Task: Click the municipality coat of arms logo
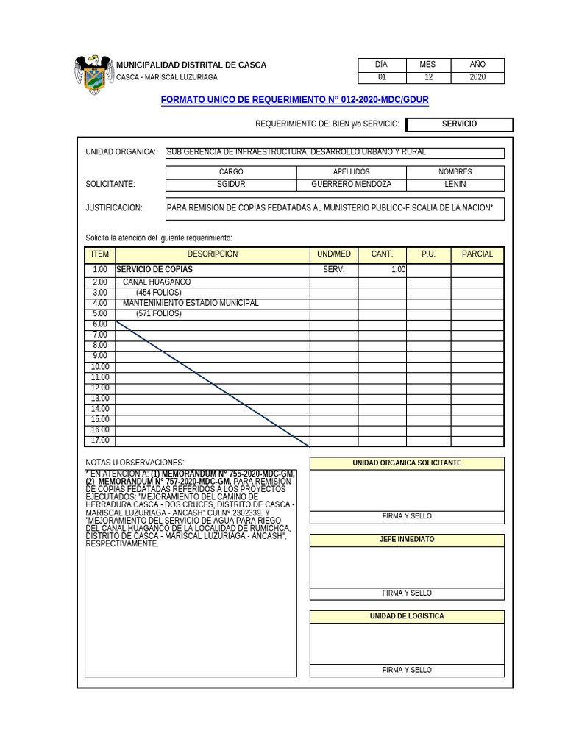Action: (93, 74)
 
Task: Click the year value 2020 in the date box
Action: (477, 77)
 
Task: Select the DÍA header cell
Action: (381, 65)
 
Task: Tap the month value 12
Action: (428, 77)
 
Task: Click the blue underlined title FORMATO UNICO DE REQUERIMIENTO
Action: (294, 99)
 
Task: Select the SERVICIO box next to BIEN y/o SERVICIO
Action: (459, 124)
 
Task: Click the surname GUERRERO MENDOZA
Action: (351, 184)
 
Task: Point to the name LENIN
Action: (455, 184)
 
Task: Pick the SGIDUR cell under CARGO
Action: (231, 184)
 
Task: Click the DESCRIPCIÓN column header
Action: (212, 254)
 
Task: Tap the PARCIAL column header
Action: (477, 254)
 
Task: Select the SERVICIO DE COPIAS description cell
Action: (154, 270)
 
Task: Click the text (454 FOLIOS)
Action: (158, 293)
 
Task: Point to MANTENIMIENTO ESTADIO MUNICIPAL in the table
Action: (191, 303)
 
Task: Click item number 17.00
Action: (100, 440)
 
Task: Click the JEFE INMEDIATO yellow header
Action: (407, 540)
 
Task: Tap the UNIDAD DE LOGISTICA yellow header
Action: (407, 616)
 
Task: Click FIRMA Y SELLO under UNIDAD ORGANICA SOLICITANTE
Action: (407, 516)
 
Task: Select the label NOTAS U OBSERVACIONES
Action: (135, 463)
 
